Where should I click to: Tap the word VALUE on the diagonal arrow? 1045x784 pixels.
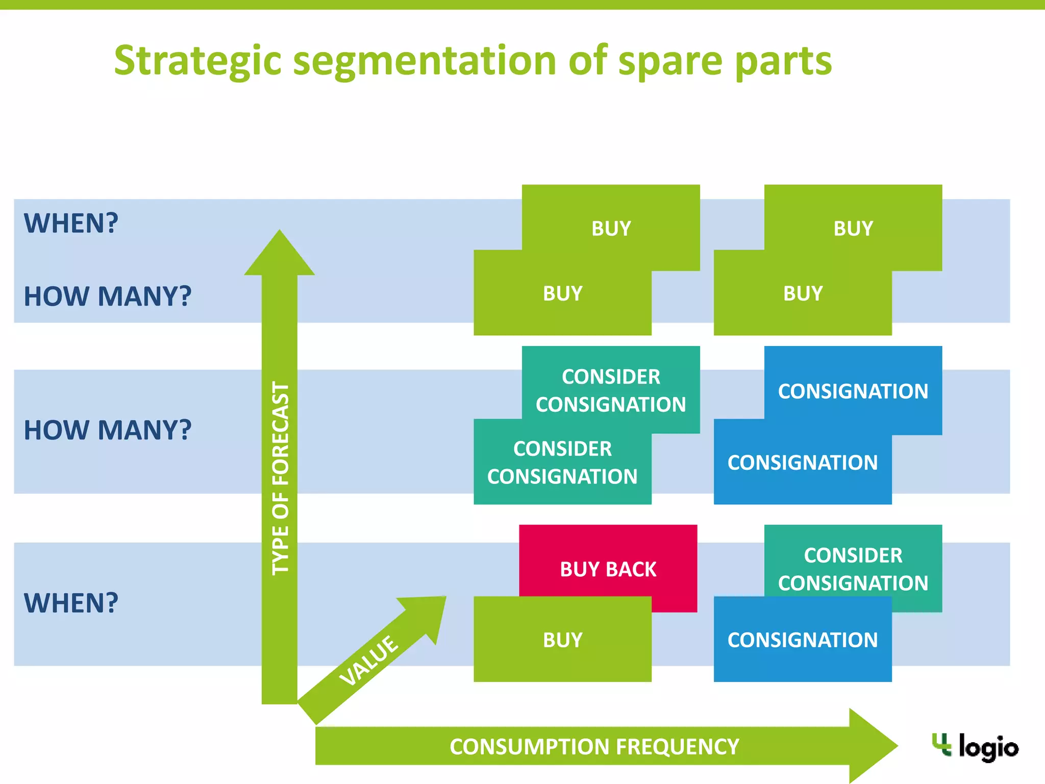[x=368, y=660]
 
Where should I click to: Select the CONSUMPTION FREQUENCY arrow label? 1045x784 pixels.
[x=594, y=746]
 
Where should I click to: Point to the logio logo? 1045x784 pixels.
[x=975, y=747]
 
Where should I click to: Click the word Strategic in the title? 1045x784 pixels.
[x=197, y=61]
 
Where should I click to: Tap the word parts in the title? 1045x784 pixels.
[x=783, y=61]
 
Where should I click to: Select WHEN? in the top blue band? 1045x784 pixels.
[x=71, y=223]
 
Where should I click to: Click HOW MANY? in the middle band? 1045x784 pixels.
[x=108, y=429]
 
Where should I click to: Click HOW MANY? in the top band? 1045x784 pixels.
[x=108, y=296]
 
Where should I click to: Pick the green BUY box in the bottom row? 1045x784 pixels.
[x=562, y=640]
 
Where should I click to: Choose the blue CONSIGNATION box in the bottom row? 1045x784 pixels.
[x=802, y=640]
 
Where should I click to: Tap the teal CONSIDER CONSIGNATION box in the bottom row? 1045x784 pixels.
[x=853, y=568]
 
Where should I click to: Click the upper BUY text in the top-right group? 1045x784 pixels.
[x=853, y=228]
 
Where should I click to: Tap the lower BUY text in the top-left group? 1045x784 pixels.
[x=562, y=293]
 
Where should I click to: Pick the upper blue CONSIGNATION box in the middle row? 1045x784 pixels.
[x=853, y=391]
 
